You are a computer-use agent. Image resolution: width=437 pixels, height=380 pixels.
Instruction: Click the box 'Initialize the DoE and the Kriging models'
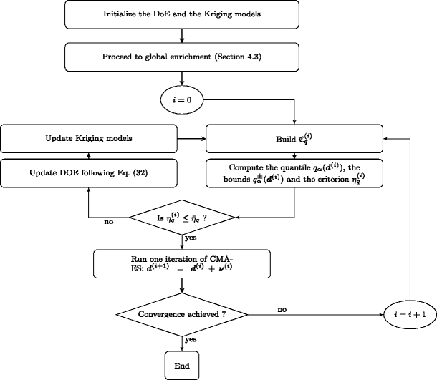pyautogui.click(x=182, y=14)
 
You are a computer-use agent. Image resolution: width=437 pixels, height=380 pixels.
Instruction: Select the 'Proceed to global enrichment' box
pyautogui.click(x=182, y=57)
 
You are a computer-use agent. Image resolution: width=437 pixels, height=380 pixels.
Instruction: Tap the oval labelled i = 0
pyautogui.click(x=182, y=100)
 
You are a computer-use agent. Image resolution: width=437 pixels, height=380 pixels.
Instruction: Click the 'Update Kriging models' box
pyautogui.click(x=88, y=137)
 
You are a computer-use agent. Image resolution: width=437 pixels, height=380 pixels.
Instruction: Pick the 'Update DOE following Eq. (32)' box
pyautogui.click(x=88, y=173)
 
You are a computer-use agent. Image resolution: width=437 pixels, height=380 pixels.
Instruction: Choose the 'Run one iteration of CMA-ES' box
pyautogui.click(x=182, y=263)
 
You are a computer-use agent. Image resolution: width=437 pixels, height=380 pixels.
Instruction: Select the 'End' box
pyautogui.click(x=182, y=364)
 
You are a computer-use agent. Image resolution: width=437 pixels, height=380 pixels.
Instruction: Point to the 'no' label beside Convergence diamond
pyautogui.click(x=282, y=309)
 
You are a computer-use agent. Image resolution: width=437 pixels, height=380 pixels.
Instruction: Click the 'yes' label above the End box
pyautogui.click(x=191, y=339)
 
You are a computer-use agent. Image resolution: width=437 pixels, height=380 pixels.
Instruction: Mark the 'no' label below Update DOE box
pyautogui.click(x=110, y=222)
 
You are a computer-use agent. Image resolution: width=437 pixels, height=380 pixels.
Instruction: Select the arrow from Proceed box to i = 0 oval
pyautogui.click(x=182, y=79)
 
